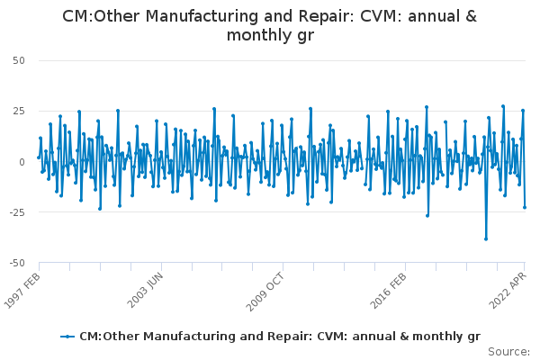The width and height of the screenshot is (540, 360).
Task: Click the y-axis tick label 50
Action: pyautogui.click(x=19, y=60)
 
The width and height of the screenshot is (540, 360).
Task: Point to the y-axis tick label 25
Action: pyautogui.click(x=19, y=112)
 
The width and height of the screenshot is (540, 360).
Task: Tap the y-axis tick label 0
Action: pyautogui.click(x=22, y=162)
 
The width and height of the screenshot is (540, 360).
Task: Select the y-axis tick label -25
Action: pyautogui.click(x=17, y=212)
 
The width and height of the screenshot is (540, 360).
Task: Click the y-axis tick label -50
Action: pyautogui.click(x=17, y=263)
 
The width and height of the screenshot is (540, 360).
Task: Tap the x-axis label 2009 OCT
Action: pyautogui.click(x=265, y=292)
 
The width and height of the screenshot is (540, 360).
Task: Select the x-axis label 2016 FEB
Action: pyautogui.click(x=389, y=291)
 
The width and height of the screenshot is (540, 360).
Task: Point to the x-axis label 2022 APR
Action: pyautogui.click(x=508, y=291)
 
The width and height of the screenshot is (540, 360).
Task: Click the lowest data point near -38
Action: pyautogui.click(x=486, y=239)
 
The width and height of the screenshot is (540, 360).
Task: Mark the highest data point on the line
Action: pyautogui.click(x=503, y=106)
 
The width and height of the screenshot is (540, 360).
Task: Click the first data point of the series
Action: pyautogui.click(x=39, y=157)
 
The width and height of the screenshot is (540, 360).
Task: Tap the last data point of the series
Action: pyautogui.click(x=525, y=207)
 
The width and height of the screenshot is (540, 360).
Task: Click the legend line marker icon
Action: pyautogui.click(x=67, y=337)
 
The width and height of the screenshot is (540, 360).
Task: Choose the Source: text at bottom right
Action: pyautogui.click(x=509, y=352)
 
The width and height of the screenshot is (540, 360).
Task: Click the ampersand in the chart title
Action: pyautogui.click(x=471, y=16)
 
